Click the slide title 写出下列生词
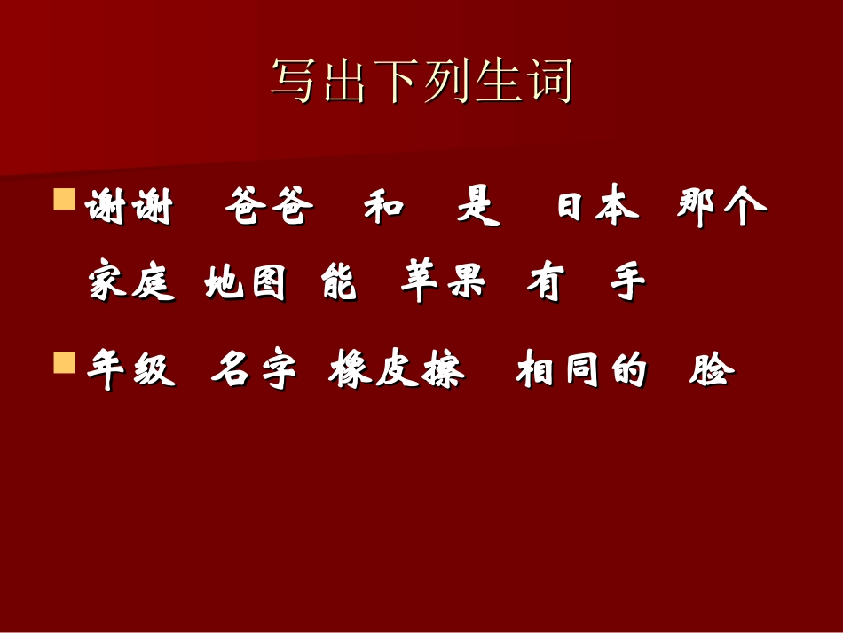[x=421, y=83]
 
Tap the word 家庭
[x=131, y=284]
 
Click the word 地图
[x=246, y=284]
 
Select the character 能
[x=339, y=284]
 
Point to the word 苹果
[x=443, y=284]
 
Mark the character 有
[x=544, y=284]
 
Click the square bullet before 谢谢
[x=64, y=199]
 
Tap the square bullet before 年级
[x=64, y=362]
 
